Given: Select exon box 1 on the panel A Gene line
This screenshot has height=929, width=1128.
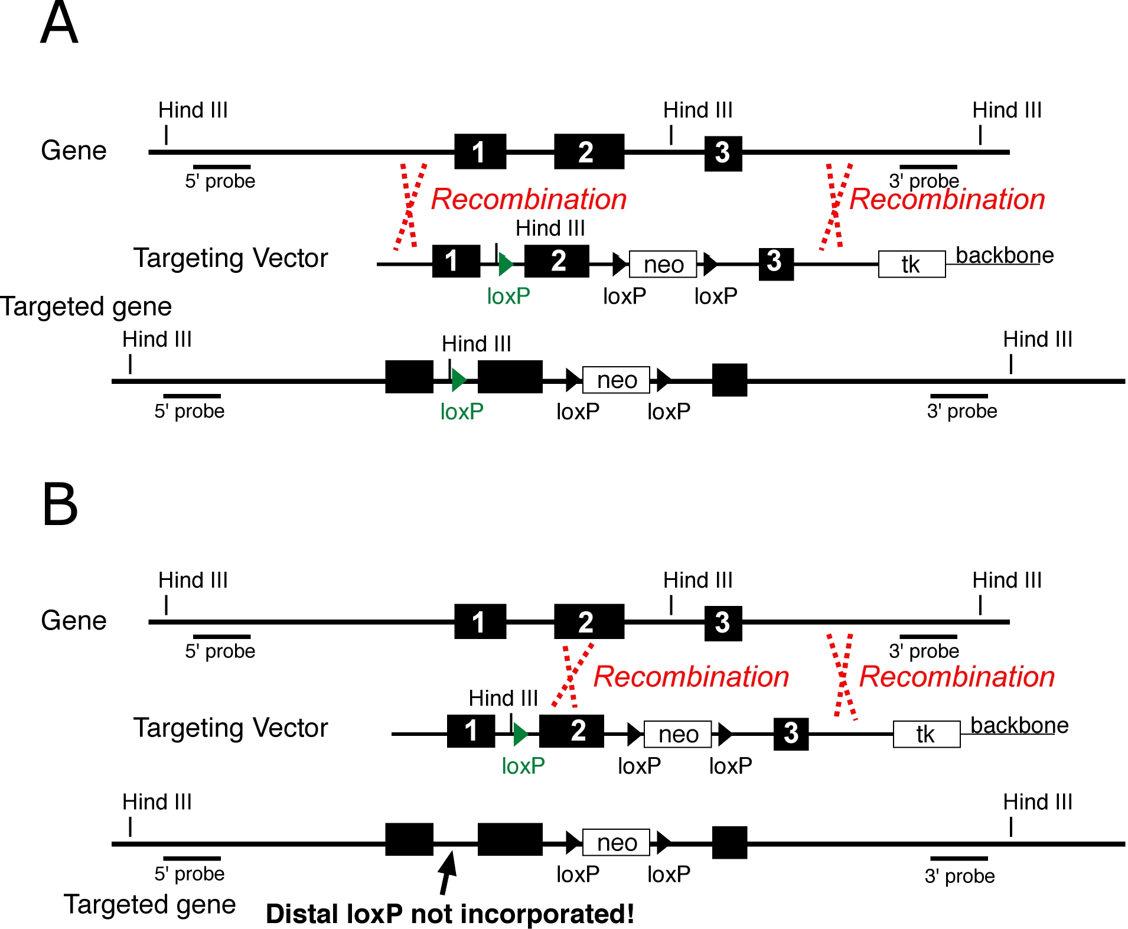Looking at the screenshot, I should pos(480,152).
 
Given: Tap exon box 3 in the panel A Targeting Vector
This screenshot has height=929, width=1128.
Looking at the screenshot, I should pos(775,263).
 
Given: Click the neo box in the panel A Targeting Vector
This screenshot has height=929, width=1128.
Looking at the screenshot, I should pos(663,264).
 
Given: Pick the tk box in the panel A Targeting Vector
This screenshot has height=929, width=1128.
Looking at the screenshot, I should pos(911,264).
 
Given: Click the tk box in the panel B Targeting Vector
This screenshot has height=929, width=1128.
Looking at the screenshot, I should pos(926,734).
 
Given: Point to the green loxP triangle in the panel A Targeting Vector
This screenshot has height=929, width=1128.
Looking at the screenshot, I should pos(506,264).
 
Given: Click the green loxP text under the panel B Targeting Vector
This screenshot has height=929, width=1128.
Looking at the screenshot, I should pos(523,766).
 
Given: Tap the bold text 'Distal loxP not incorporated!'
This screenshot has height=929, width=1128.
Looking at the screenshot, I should pos(449,914).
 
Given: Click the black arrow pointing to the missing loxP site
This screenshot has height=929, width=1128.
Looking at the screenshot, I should pos(447,871).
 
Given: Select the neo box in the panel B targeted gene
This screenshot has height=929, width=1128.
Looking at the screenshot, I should pos(616,842).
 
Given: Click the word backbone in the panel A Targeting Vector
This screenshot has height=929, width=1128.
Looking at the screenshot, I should pos(1004,255).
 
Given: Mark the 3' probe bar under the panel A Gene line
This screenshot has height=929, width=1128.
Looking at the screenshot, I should pos(928,167).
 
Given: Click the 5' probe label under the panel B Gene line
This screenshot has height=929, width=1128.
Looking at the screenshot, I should pos(220,651).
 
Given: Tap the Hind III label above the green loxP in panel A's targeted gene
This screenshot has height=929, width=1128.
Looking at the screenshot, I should pos(476,344).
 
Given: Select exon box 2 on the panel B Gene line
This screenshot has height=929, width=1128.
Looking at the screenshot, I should pos(588,621).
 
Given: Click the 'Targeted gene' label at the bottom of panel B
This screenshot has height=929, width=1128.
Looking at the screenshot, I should pos(149,904).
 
